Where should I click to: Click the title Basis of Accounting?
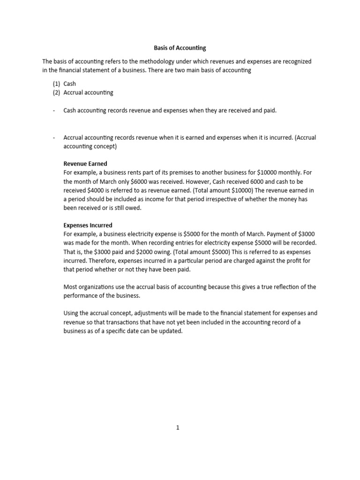tap(180, 48)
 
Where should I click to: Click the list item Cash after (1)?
tap(70, 84)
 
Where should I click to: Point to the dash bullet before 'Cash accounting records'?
tap(54, 110)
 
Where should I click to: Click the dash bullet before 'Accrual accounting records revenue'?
tap(54, 137)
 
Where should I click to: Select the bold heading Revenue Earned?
tap(85, 164)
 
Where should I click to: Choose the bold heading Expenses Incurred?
tap(88, 225)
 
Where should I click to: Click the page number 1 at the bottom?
tap(178, 427)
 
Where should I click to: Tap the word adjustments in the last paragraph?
tap(142, 313)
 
